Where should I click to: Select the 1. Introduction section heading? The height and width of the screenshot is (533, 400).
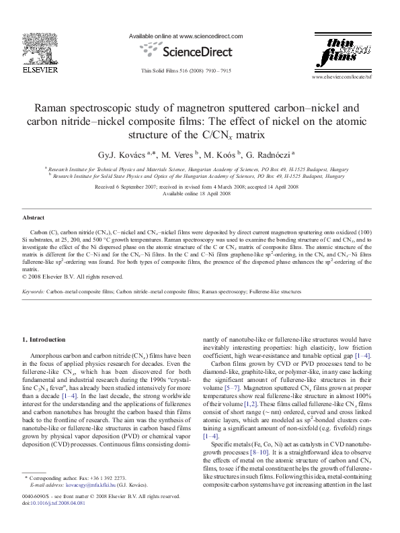tap(44, 340)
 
